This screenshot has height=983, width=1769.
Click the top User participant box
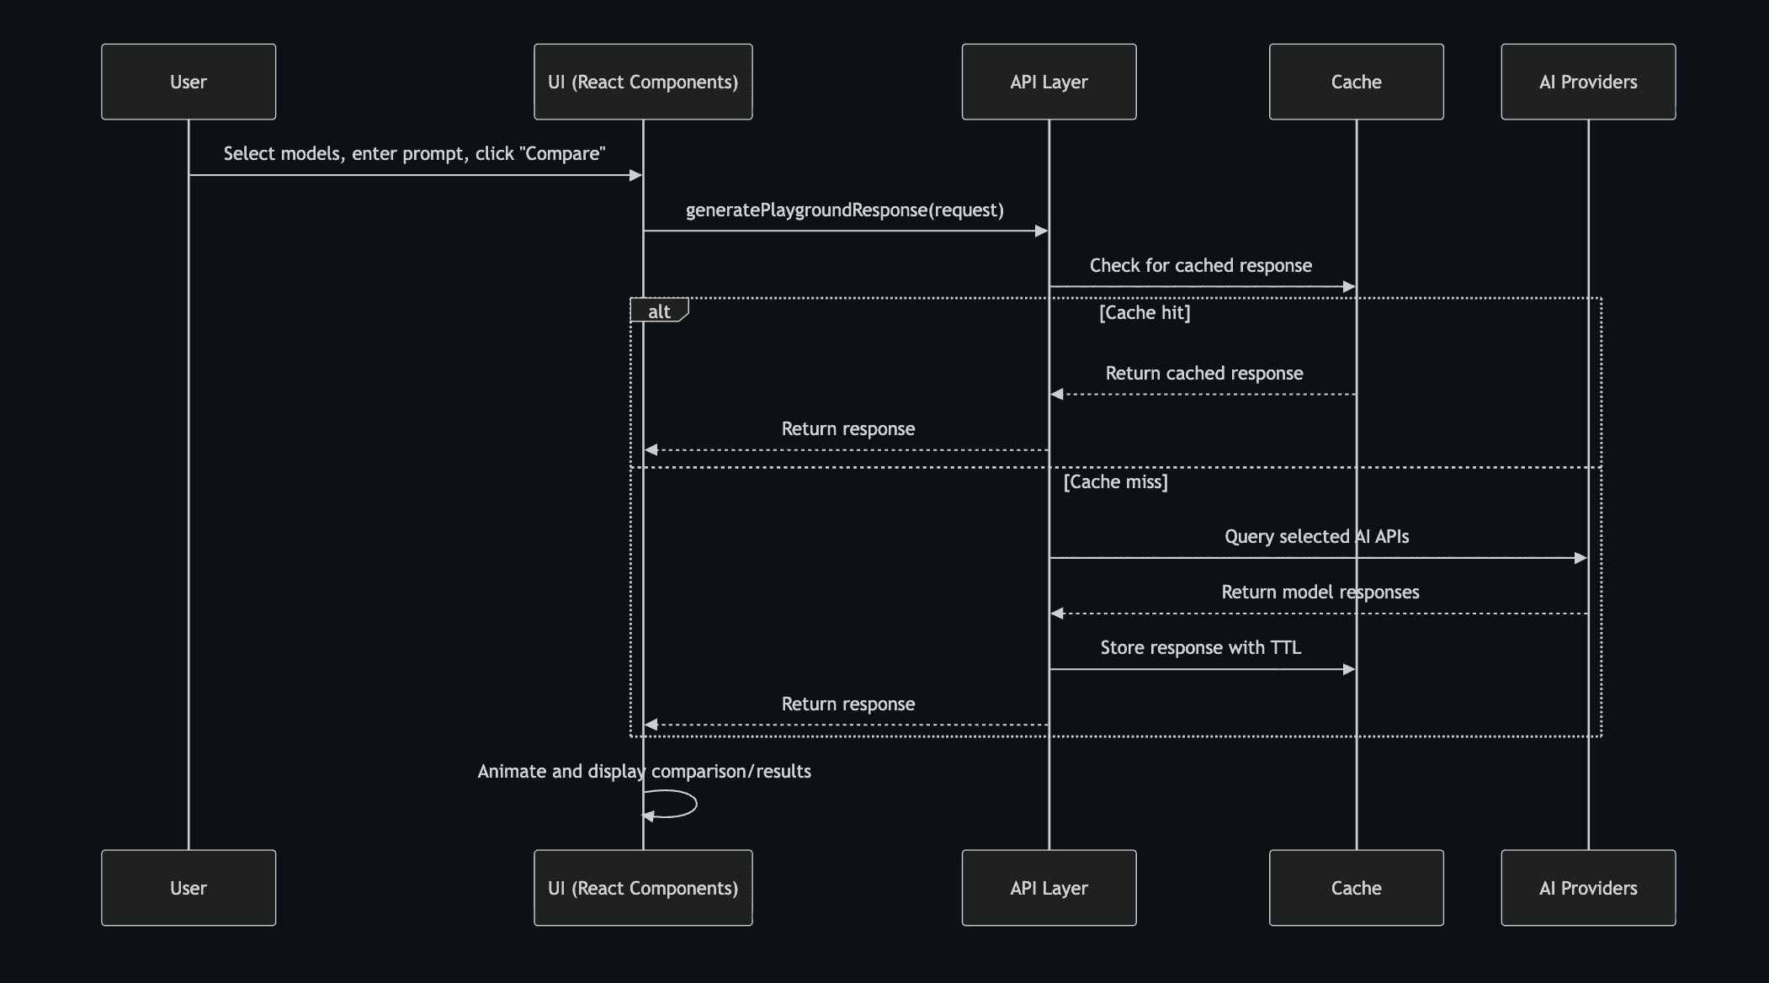pyautogui.click(x=189, y=82)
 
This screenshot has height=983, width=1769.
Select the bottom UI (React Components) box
pyautogui.click(x=643, y=888)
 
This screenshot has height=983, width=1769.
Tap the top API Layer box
pyautogui.click(x=1049, y=82)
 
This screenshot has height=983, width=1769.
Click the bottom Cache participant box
pyautogui.click(x=1356, y=888)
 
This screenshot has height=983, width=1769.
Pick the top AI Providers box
pyautogui.click(x=1588, y=82)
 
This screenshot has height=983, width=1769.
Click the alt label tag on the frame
pyautogui.click(x=659, y=311)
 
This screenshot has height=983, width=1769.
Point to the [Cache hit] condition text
pyautogui.click(x=1145, y=313)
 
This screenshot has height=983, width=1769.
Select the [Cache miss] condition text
pyautogui.click(x=1115, y=482)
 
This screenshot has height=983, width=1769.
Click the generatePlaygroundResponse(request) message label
pyautogui.click(x=844, y=210)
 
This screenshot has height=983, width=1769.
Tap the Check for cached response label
pyautogui.click(x=1200, y=266)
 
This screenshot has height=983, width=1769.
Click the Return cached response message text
pyautogui.click(x=1203, y=374)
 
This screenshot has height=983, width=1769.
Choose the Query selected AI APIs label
pyautogui.click(x=1316, y=537)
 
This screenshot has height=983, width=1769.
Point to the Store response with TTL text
pyautogui.click(x=1200, y=648)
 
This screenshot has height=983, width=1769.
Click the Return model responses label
pyautogui.click(x=1320, y=592)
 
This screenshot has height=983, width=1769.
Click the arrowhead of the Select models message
pyautogui.click(x=636, y=175)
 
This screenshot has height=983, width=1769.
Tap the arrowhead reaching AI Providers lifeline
pyautogui.click(x=1580, y=558)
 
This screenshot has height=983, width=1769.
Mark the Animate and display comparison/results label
pyautogui.click(x=644, y=772)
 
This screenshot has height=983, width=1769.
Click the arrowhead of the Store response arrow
pyautogui.click(x=1349, y=669)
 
